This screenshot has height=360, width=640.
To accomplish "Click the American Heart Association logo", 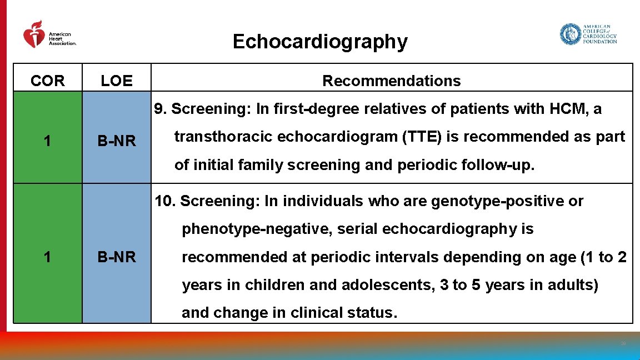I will (49, 35).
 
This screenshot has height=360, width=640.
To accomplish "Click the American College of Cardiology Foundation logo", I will (588, 34).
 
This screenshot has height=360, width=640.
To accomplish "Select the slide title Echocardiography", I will (319, 42).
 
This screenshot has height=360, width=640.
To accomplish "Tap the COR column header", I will (48, 81).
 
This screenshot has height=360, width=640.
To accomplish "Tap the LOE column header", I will (117, 81).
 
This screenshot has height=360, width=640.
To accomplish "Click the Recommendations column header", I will (391, 81).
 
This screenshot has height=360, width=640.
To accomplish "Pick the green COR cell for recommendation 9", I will (48, 141).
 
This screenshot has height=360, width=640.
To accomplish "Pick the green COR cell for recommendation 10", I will (48, 257).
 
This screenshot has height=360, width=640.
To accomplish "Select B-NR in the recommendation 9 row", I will (117, 141).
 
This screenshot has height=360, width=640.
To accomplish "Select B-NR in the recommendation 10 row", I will (117, 257).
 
